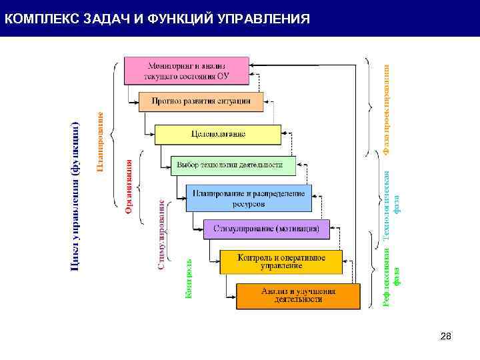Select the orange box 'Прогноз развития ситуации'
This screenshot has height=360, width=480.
[x=201, y=101]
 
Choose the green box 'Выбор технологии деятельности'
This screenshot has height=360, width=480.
[x=233, y=165]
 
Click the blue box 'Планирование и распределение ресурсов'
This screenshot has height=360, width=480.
[x=248, y=198]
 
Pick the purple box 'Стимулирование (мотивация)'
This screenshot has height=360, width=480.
[x=266, y=229]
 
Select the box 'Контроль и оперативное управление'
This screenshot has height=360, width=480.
[x=281, y=261]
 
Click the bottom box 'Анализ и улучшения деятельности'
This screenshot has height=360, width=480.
[x=298, y=295]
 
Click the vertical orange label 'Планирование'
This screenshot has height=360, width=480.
[x=100, y=142]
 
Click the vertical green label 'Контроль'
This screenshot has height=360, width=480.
[x=189, y=278]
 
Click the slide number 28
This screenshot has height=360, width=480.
[x=446, y=338]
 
